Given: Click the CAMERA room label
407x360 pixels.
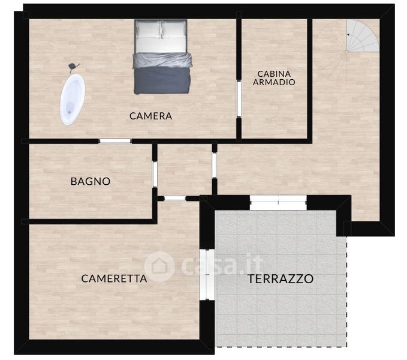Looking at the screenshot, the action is point(150,116).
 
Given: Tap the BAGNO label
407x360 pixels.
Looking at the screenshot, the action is point(91,181).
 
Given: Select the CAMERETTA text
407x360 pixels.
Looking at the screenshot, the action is point(114,279).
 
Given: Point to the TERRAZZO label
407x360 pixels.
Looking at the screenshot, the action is point(281,279).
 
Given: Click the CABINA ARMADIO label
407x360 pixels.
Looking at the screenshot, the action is point(274,78).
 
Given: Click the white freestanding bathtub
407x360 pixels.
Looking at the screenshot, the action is point(73,100).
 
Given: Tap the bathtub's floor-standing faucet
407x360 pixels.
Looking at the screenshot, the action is point(73,67).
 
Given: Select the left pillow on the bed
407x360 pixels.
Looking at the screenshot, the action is point(149,29).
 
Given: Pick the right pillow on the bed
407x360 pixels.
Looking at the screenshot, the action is point(174,29).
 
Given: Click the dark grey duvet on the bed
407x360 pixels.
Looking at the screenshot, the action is point(162,73).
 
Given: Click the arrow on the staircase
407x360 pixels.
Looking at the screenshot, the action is point(348,35).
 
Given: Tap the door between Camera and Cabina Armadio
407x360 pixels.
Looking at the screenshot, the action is point(239,99).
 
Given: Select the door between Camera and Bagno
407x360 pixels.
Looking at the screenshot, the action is point(115,141).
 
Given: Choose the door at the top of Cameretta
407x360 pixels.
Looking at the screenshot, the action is point(175,199).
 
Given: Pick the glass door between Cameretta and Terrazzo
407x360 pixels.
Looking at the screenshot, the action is point(207,275).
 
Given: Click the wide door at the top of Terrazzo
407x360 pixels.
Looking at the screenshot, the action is point(278,202).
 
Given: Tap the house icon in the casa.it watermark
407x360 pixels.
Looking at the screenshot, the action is point(159,266).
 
